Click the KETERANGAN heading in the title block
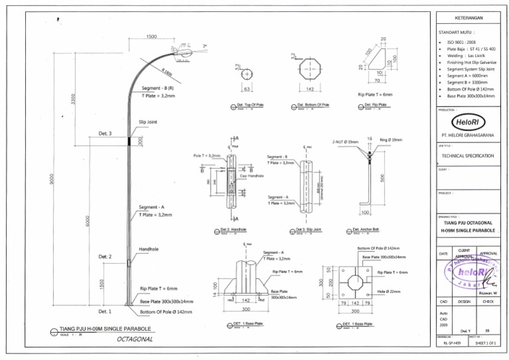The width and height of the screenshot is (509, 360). (467, 17)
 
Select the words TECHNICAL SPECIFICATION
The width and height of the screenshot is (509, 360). (467, 156)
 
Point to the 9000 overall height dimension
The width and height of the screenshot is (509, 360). (52, 179)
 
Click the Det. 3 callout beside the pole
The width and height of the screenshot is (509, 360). (105, 134)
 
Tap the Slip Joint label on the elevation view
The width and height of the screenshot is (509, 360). (147, 122)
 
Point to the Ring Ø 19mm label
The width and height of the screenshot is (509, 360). (391, 140)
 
